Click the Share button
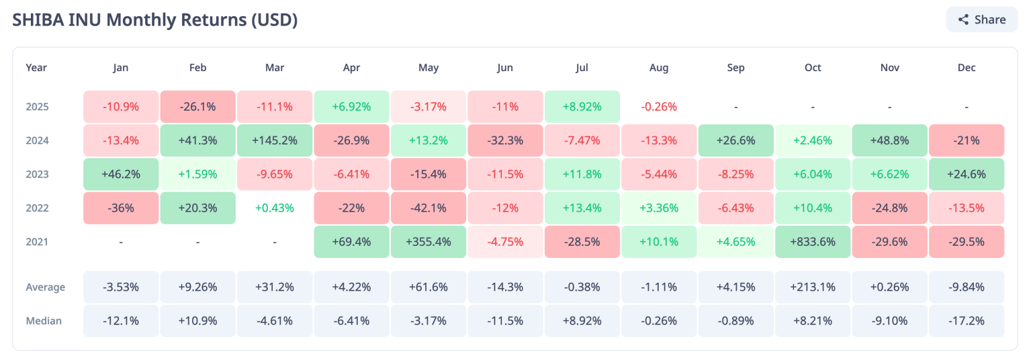tap(982, 19)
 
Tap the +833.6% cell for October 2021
tap(812, 242)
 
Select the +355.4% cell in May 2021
tap(428, 242)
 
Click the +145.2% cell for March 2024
tap(274, 140)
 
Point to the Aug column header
tap(659, 68)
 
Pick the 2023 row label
tap(38, 175)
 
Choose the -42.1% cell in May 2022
tap(428, 208)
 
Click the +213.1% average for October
tap(812, 287)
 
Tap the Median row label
tap(44, 321)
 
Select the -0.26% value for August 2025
tap(659, 107)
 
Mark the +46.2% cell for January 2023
tap(121, 175)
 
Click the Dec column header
tap(966, 68)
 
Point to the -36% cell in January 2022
tap(121, 208)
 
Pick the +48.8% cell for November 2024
tap(889, 140)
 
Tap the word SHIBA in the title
tap(38, 19)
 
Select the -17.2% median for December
tap(966, 321)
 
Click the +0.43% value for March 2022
tap(274, 208)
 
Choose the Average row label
tap(46, 287)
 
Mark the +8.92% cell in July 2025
tap(582, 107)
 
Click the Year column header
tap(36, 68)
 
